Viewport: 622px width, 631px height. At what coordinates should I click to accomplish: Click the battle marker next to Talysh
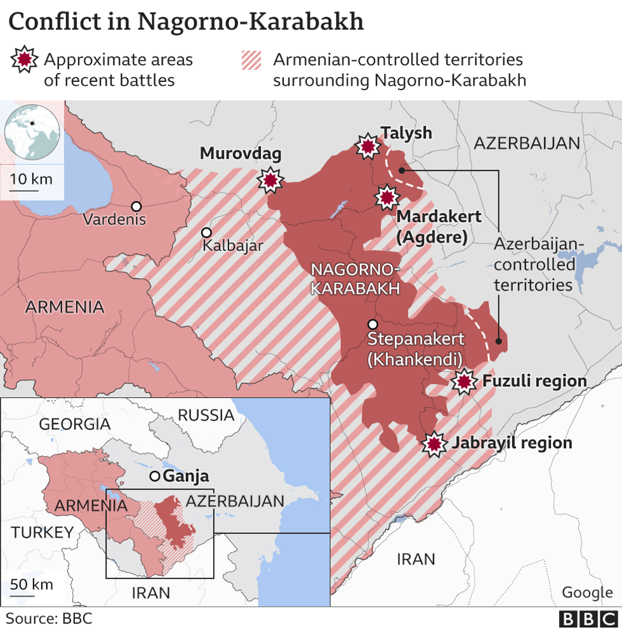(x=367, y=147)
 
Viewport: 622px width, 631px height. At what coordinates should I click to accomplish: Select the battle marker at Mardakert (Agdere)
(x=387, y=197)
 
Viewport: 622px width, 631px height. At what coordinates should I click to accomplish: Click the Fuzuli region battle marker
(x=465, y=382)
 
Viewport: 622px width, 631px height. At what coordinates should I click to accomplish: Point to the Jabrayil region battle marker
(x=435, y=444)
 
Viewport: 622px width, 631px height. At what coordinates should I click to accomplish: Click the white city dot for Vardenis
(x=136, y=206)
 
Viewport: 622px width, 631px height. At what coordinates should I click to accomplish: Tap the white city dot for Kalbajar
(x=206, y=233)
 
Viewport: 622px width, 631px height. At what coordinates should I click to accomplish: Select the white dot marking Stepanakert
(x=373, y=324)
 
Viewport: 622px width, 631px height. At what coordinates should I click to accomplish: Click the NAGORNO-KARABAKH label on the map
(x=355, y=279)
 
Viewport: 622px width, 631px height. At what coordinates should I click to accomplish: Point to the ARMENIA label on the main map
(x=65, y=307)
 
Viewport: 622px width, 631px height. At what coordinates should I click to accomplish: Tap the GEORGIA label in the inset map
(x=74, y=423)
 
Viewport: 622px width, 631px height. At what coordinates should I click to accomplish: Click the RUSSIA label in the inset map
(x=206, y=415)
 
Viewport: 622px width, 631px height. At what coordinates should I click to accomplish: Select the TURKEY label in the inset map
(x=42, y=532)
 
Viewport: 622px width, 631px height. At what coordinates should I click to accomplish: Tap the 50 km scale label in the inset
(x=32, y=584)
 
